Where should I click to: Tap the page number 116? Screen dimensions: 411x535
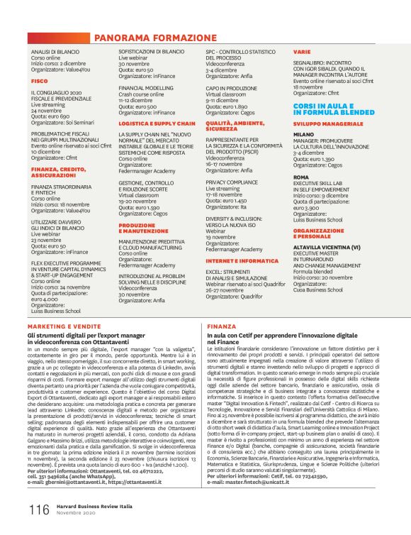coord(38,509)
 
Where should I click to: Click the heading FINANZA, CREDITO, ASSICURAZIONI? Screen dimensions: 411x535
coord(58,172)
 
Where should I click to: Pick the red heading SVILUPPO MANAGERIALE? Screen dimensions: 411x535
coord(325,123)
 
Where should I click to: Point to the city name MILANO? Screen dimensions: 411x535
coord(303,133)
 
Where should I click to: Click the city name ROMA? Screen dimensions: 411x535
coord(300,177)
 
